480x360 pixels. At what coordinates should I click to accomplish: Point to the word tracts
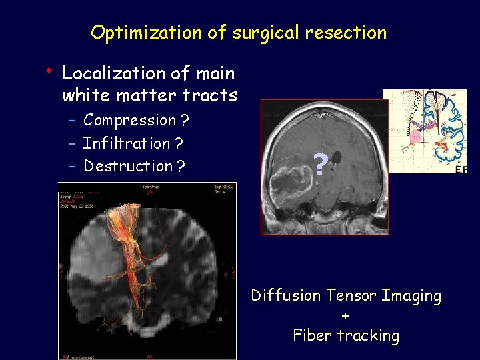coord(213,95)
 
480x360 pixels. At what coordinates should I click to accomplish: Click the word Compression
coord(129,121)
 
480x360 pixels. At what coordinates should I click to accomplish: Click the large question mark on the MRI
coord(321,165)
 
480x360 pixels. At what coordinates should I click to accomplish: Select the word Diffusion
coord(287,295)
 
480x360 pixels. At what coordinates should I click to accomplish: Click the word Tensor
coord(351,295)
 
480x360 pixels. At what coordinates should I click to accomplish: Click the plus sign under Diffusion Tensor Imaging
coord(345,315)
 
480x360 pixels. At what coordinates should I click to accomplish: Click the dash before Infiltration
coord(73,143)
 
